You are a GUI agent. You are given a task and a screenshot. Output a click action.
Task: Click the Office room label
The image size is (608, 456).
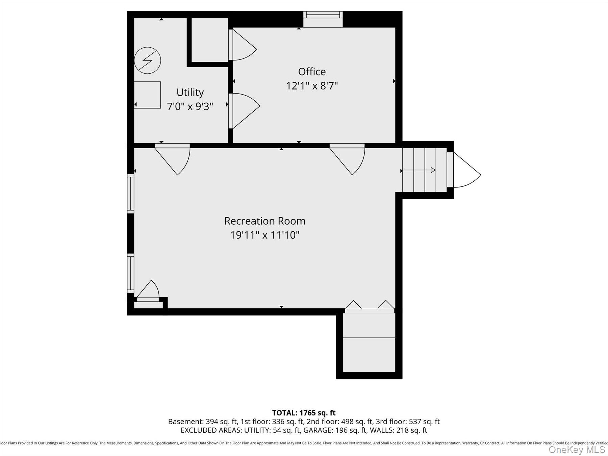click(312, 72)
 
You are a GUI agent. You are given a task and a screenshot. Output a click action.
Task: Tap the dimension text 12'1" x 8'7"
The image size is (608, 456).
click(312, 86)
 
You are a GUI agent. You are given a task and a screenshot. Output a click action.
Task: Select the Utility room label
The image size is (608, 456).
click(190, 92)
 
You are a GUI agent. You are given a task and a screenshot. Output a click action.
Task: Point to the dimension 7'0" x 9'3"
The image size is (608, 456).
click(190, 106)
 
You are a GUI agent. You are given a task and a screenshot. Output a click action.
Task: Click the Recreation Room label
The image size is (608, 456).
click(264, 221)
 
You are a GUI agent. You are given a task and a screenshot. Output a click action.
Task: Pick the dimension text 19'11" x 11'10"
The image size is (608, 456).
click(264, 235)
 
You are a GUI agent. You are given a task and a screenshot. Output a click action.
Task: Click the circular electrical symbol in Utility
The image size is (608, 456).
click(147, 60)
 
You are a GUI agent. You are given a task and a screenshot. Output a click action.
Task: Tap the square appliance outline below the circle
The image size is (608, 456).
click(147, 95)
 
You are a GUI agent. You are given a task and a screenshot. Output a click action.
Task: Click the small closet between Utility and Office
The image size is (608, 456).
click(209, 40)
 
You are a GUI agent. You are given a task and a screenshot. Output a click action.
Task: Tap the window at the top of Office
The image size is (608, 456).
click(323, 19)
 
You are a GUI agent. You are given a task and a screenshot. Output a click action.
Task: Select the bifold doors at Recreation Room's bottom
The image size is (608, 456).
click(370, 305)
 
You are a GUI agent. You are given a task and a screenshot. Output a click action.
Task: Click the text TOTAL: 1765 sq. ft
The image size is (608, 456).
click(304, 413)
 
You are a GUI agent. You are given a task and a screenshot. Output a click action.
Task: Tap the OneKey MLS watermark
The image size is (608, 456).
click(577, 450)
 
